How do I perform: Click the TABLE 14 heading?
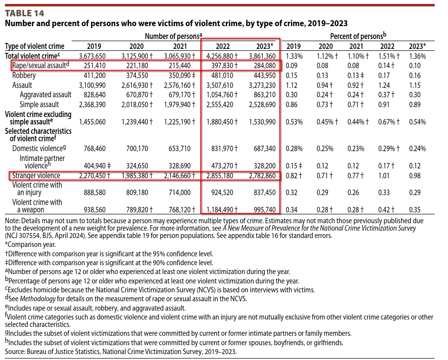click(x=25, y=13)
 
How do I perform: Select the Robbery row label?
click(x=24, y=76)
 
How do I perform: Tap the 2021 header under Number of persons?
click(x=180, y=46)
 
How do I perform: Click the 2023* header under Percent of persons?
click(x=417, y=46)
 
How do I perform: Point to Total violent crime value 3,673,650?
click(x=92, y=56)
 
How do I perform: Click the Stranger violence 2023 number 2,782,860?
click(x=262, y=176)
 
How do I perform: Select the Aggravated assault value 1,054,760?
click(x=220, y=95)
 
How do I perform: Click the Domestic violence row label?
click(x=39, y=149)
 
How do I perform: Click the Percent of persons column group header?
click(x=358, y=36)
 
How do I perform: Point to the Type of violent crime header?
click(x=35, y=46)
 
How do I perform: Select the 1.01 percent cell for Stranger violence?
click(x=384, y=176)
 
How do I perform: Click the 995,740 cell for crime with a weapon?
click(x=265, y=210)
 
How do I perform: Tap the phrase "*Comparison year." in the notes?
click(x=30, y=245)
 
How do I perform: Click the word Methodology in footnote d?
click(x=38, y=299)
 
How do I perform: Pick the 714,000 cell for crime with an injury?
click(x=179, y=193)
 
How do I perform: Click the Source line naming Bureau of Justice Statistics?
click(x=121, y=352)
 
